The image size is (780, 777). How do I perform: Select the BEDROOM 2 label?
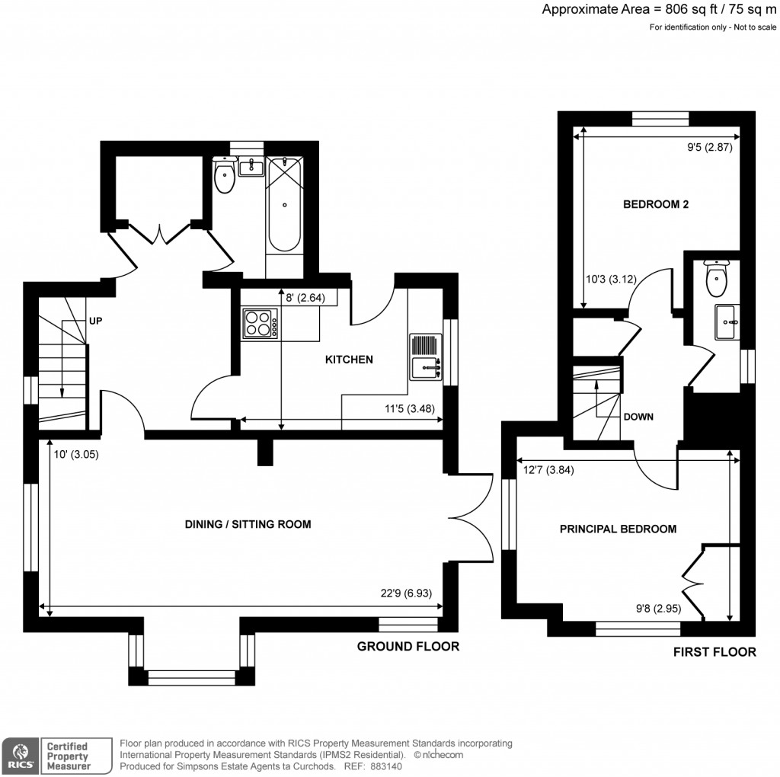656,204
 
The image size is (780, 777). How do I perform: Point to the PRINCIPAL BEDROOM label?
618,529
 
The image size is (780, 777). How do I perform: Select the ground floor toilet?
225,177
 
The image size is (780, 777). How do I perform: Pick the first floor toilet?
716,280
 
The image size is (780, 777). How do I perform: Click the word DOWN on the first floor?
638,417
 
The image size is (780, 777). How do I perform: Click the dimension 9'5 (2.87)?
708,149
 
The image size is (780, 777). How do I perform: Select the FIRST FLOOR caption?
714,652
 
